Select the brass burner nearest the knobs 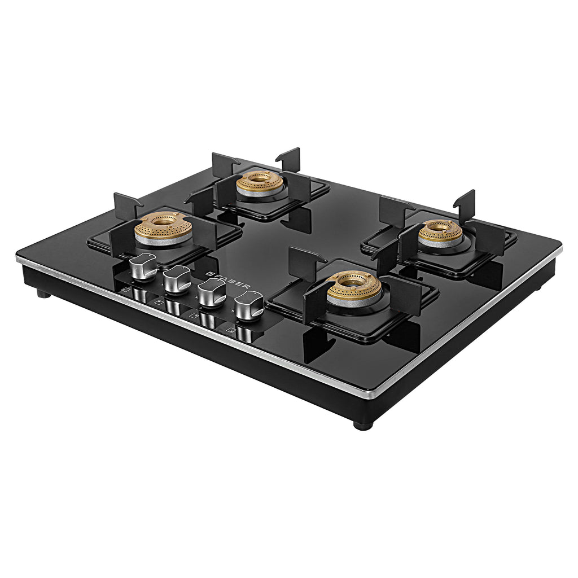click(163, 227)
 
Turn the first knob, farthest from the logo click(143, 266)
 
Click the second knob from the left click(177, 279)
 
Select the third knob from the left click(212, 292)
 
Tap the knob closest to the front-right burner click(248, 305)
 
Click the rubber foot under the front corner click(363, 425)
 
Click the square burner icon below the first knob click(125, 290)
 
